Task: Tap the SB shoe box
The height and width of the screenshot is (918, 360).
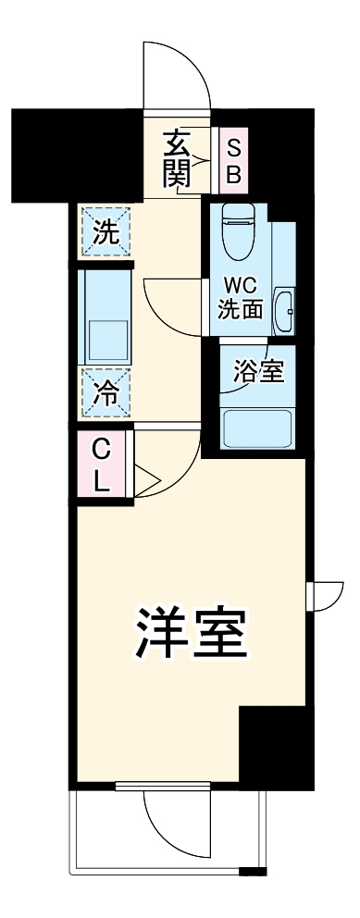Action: pyautogui.click(x=233, y=161)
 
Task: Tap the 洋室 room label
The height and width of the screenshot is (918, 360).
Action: pyautogui.click(x=192, y=632)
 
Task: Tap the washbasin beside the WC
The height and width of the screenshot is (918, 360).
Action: pyautogui.click(x=287, y=309)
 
